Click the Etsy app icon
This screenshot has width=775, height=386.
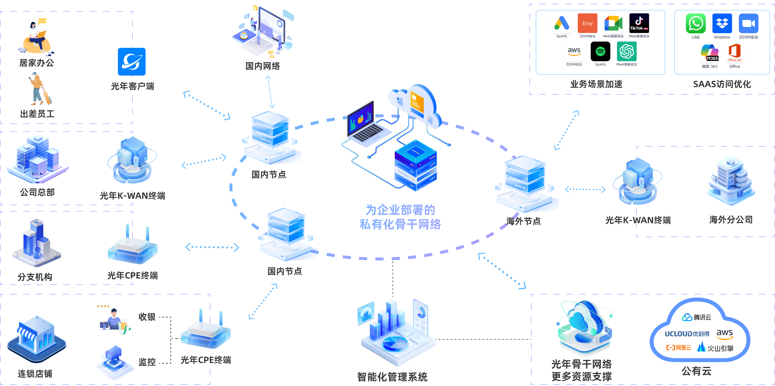(587, 23)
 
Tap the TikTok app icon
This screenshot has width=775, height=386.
(639, 23)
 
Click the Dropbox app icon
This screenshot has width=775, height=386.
(722, 24)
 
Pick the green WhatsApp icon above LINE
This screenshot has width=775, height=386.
(695, 24)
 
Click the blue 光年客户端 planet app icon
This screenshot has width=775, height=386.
(132, 62)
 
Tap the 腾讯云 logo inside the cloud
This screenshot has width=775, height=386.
(696, 317)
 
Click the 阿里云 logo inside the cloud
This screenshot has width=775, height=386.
(678, 348)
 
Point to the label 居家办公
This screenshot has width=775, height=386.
(37, 63)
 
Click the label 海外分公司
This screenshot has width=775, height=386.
(731, 220)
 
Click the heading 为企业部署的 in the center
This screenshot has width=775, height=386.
(400, 210)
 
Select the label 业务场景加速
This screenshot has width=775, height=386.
(596, 84)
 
